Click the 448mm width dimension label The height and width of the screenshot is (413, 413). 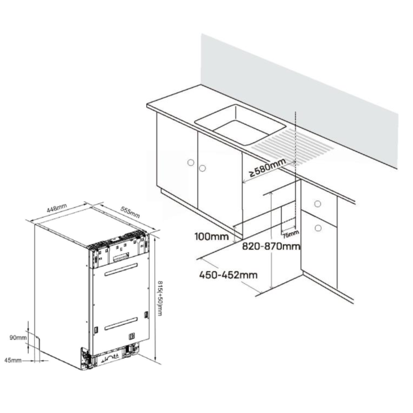tap(57, 208)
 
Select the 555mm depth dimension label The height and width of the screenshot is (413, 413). tap(130, 212)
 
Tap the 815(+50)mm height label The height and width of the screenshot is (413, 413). tap(160, 298)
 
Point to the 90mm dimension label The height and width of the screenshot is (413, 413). tap(18, 338)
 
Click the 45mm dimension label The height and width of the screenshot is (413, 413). tap(13, 360)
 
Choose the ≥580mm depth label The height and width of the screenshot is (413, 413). tap(267, 167)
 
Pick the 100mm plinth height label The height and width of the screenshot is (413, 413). tap(212, 236)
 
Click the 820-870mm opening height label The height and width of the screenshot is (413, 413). tap(271, 247)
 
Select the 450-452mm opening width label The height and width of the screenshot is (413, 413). tap(228, 275)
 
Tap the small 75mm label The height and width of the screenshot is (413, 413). tap(291, 234)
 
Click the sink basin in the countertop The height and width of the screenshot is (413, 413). tap(240, 124)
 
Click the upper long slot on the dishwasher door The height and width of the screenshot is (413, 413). tap(121, 269)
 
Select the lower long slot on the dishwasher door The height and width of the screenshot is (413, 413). tap(121, 324)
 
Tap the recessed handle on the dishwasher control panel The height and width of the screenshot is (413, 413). tap(121, 258)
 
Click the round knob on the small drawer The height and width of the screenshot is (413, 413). tap(317, 203)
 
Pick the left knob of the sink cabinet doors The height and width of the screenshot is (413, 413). tap(190, 163)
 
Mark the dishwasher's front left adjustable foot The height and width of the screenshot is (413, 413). tap(85, 358)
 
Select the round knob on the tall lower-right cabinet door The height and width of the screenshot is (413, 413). tap(318, 228)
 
